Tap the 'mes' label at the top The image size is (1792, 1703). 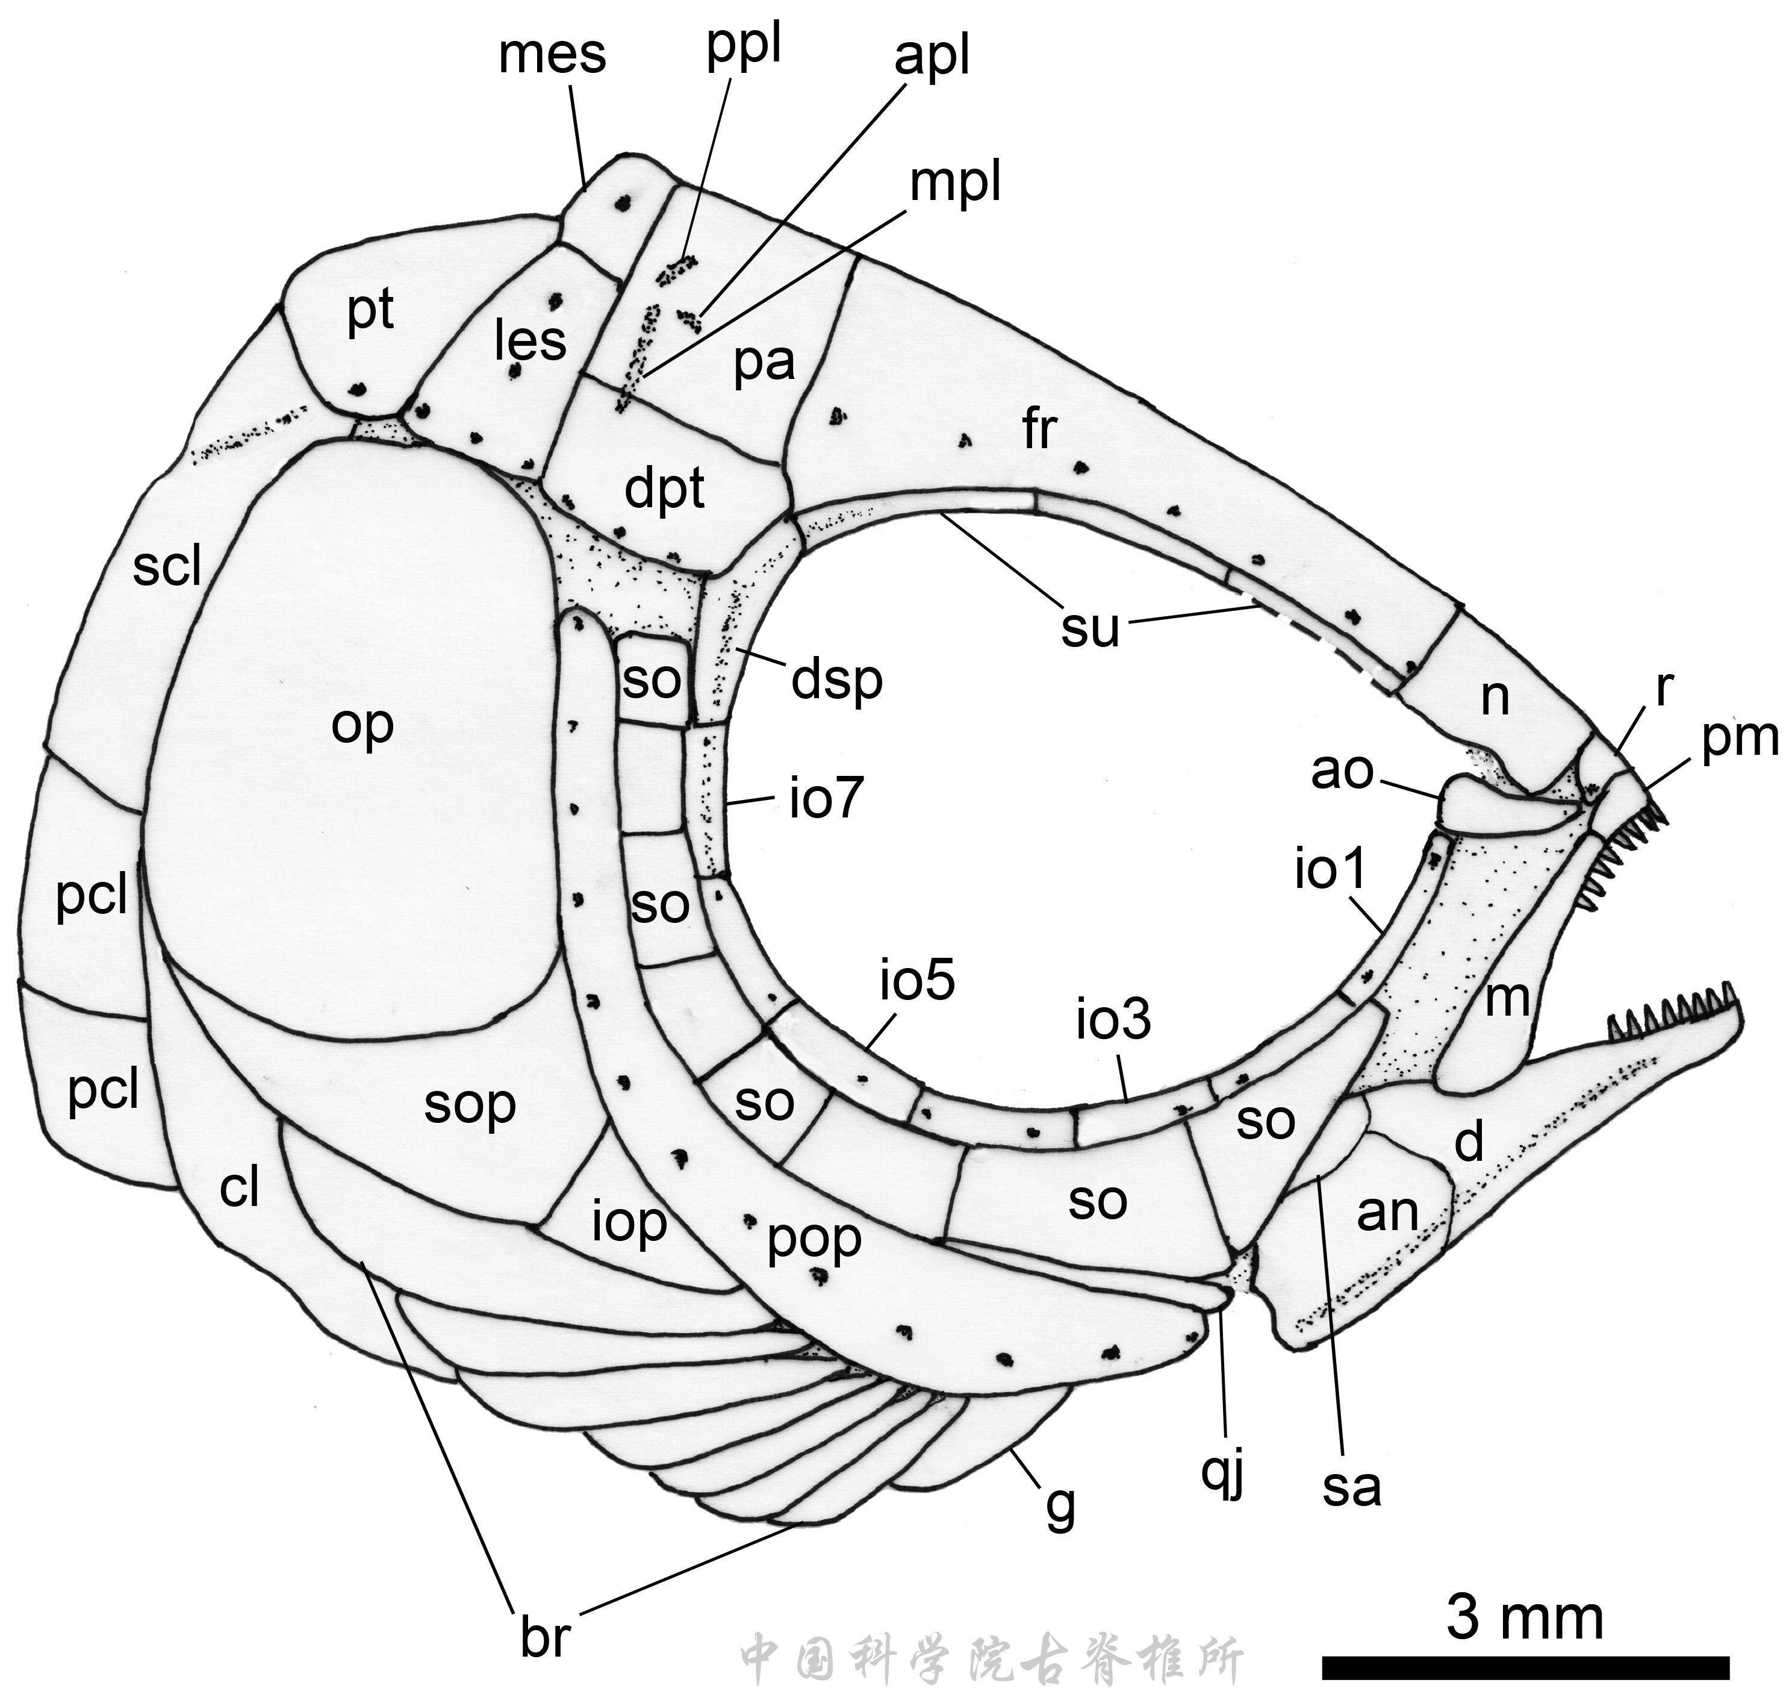(552, 55)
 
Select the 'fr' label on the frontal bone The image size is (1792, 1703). (1040, 428)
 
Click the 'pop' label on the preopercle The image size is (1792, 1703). (814, 1240)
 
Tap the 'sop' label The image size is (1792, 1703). (470, 1105)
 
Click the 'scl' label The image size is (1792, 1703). (166, 567)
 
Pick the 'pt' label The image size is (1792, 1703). (370, 311)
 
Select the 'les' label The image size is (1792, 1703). (530, 342)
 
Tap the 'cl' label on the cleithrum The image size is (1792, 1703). (240, 1187)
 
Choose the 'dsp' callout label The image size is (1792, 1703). (836, 680)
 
